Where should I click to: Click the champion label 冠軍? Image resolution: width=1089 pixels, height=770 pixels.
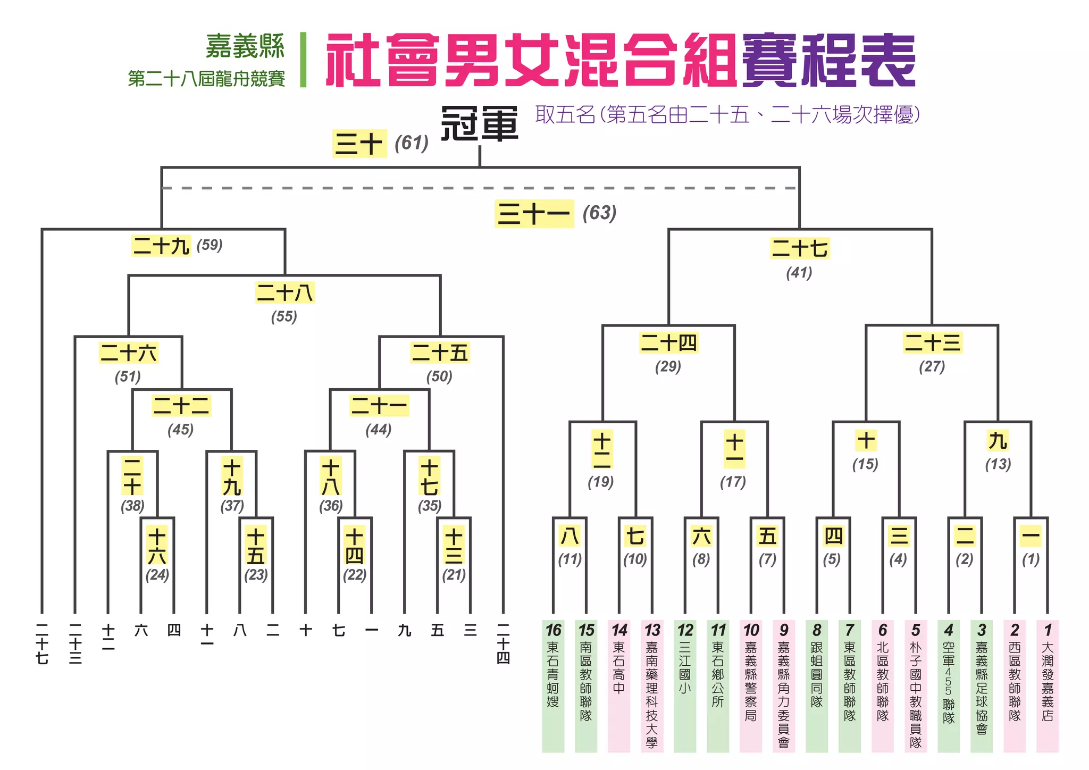480,124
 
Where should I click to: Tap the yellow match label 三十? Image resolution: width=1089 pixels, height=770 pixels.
359,144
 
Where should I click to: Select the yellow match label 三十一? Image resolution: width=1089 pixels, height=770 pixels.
534,214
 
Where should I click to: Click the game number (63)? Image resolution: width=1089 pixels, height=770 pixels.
599,213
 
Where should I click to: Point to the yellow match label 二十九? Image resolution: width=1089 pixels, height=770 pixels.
161,246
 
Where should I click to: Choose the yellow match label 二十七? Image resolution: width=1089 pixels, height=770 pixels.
800,248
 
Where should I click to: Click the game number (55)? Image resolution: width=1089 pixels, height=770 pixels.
284,317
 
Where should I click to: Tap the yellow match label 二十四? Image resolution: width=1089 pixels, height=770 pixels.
668,343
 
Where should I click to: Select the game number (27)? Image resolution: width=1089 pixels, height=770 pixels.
932,366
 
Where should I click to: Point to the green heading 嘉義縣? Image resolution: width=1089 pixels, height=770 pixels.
245,47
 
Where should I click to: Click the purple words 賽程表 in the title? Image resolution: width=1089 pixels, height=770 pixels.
828,60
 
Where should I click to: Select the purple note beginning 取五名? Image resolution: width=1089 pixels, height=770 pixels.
727,114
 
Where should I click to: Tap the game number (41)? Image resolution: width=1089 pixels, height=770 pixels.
799,273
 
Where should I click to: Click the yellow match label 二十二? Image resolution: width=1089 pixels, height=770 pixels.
181,406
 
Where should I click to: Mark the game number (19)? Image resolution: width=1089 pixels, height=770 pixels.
601,482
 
